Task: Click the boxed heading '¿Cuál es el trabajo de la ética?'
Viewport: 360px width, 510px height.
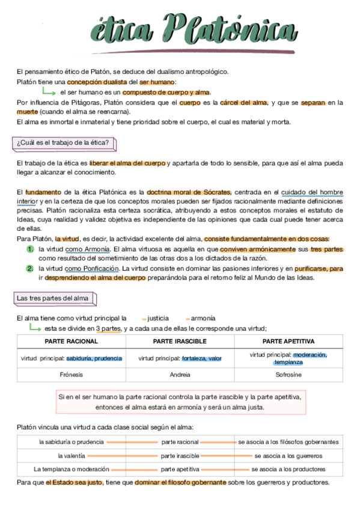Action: click(x=63, y=143)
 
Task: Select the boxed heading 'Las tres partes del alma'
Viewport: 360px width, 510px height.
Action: click(x=53, y=298)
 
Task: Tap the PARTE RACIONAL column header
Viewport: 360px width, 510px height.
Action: click(x=71, y=341)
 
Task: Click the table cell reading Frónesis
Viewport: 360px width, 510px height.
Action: click(x=71, y=374)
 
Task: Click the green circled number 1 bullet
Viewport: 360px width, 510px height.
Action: click(x=29, y=249)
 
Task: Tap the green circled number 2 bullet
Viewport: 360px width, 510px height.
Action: click(x=29, y=268)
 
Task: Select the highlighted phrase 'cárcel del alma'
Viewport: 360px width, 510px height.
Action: click(x=243, y=102)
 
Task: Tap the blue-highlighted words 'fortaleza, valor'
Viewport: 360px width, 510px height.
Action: click(x=202, y=358)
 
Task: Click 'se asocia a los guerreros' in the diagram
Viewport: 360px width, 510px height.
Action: click(x=288, y=456)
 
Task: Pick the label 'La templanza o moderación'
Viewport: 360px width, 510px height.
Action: click(x=72, y=469)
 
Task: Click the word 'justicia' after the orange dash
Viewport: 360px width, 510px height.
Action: click(x=157, y=318)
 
